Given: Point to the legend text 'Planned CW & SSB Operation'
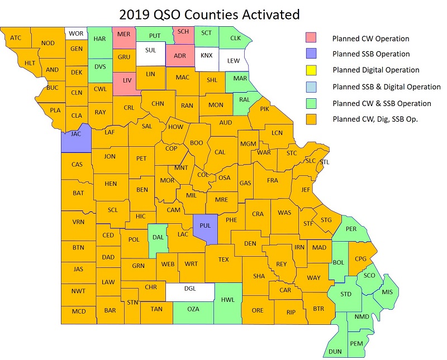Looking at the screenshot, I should tap(382, 103).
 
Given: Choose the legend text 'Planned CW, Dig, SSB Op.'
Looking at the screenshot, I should tap(376, 119).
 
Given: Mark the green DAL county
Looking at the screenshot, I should tap(158, 237).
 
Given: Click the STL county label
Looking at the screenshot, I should tap(325, 162).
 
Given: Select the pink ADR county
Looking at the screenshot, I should tap(179, 56).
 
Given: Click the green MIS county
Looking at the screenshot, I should tap(388, 292).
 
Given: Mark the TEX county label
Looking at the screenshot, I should tap(223, 260).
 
